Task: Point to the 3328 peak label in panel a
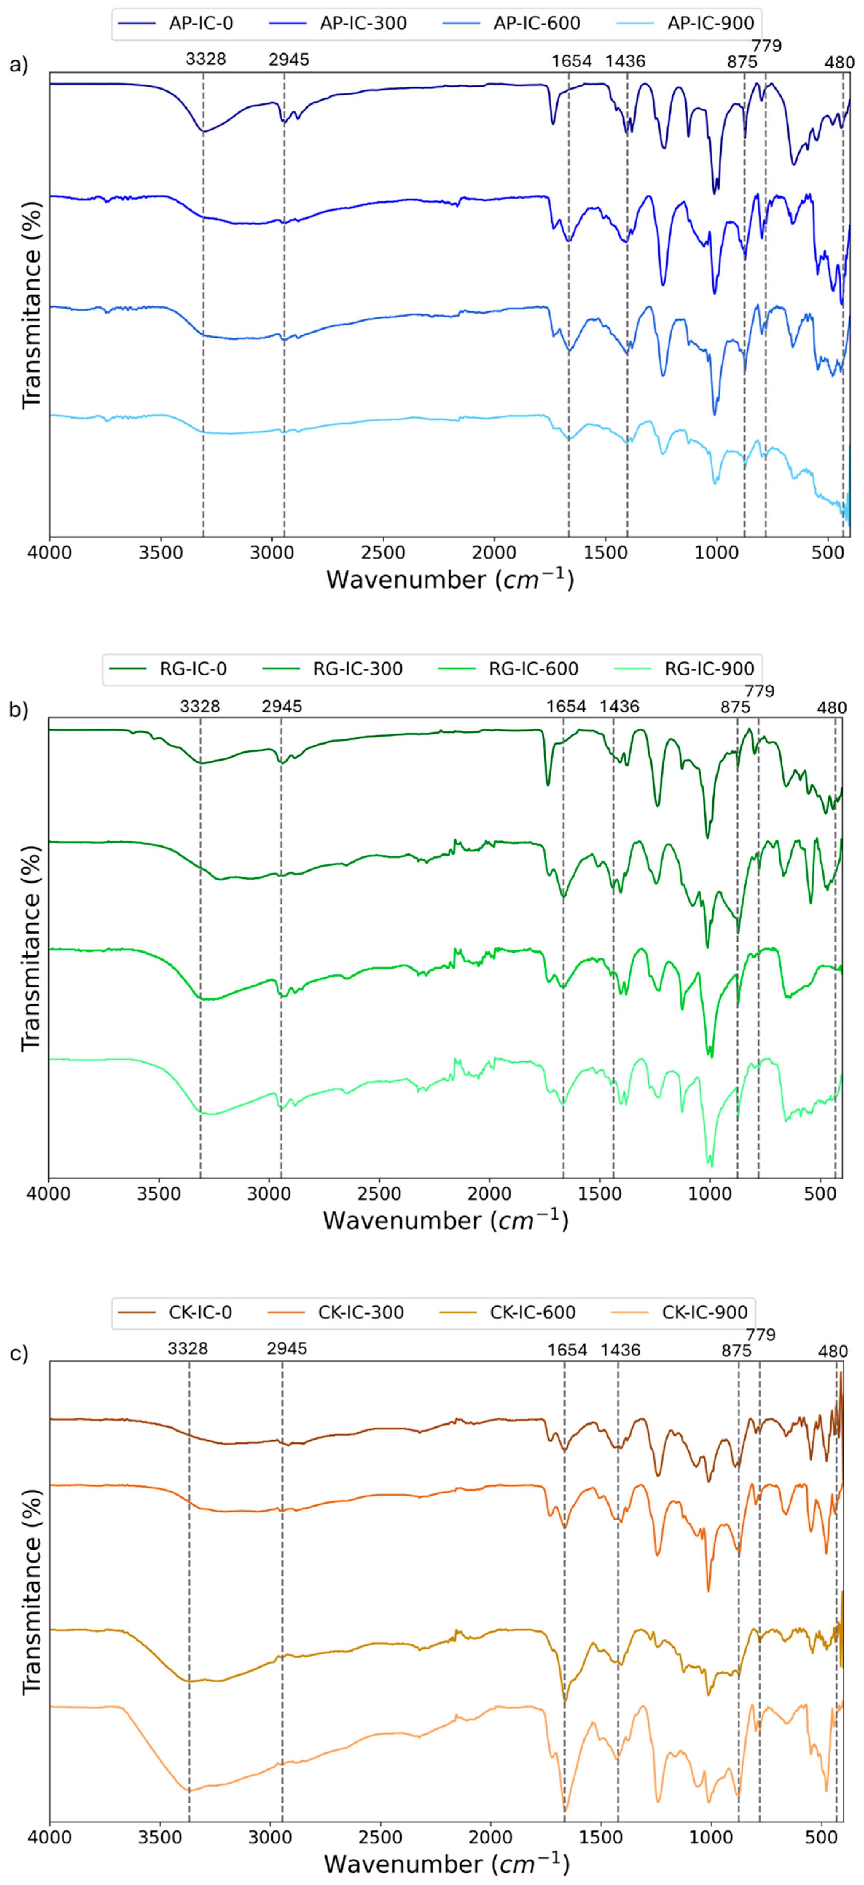tap(206, 60)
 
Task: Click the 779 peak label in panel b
tap(759, 691)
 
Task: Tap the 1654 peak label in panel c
tap(567, 1350)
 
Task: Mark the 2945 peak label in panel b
tap(282, 707)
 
